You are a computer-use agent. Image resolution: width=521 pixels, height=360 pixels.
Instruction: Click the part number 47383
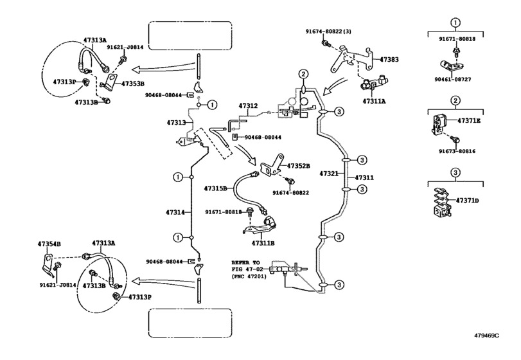click(x=389, y=59)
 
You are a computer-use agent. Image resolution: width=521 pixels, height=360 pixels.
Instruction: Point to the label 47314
click(x=175, y=212)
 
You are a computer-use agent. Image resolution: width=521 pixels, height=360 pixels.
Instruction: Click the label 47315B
click(x=215, y=188)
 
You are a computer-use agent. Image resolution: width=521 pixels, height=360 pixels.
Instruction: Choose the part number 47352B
click(x=298, y=165)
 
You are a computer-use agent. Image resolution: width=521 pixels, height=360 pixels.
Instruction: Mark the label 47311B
click(x=263, y=244)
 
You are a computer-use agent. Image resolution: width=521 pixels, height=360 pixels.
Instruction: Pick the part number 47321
click(x=330, y=174)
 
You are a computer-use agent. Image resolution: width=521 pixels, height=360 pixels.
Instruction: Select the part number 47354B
click(x=49, y=244)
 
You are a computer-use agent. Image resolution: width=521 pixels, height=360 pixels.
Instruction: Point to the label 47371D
click(x=468, y=201)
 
